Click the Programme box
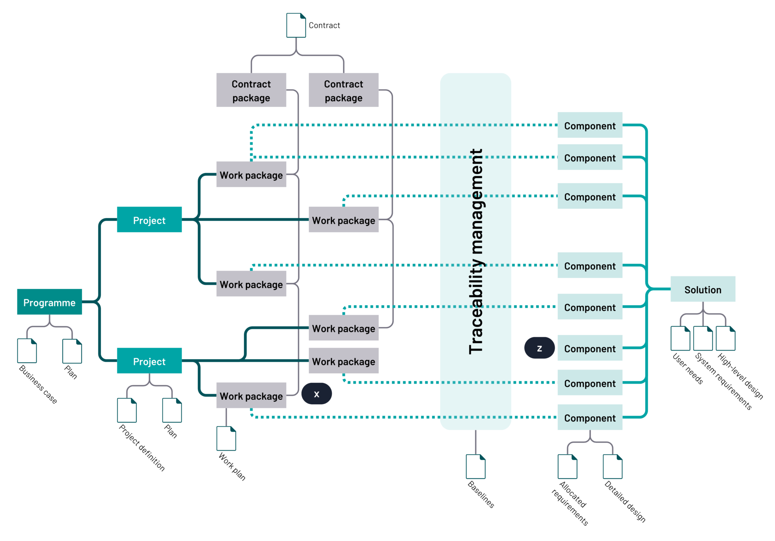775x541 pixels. point(49,302)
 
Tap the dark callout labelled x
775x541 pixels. point(317,394)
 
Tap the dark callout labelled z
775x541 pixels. point(539,348)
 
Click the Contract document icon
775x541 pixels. point(296,25)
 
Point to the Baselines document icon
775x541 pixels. point(475,466)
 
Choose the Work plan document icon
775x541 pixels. point(226,438)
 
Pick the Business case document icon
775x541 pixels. point(27,351)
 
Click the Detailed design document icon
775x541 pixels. point(612,466)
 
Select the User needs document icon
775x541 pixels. point(680,338)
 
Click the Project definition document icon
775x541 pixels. point(127,410)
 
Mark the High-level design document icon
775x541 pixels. point(726,338)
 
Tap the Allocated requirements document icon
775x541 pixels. point(567,466)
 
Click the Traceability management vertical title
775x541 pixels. point(476,251)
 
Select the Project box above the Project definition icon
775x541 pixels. point(149,361)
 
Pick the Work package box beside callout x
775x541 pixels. point(251,396)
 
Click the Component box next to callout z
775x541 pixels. point(590,348)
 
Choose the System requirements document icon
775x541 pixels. point(703,338)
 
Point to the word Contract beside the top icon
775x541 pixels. point(324,25)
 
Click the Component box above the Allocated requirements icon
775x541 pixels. point(590,417)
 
